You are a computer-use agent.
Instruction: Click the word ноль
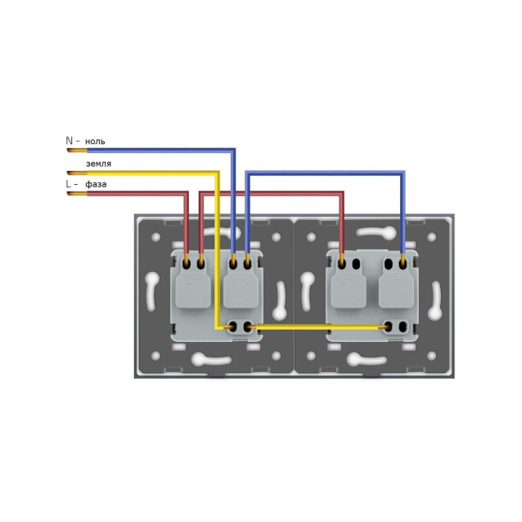[x=94, y=141]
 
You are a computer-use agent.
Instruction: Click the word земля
[x=98, y=163]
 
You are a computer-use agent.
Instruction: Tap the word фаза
[x=95, y=184]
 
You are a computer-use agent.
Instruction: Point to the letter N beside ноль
[x=69, y=141]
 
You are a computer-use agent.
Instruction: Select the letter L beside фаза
[x=69, y=184]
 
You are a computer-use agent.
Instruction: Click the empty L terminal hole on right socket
[x=358, y=264]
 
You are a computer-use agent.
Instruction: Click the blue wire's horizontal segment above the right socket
[x=327, y=172]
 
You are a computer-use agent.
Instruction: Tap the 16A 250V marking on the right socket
[x=371, y=268]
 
